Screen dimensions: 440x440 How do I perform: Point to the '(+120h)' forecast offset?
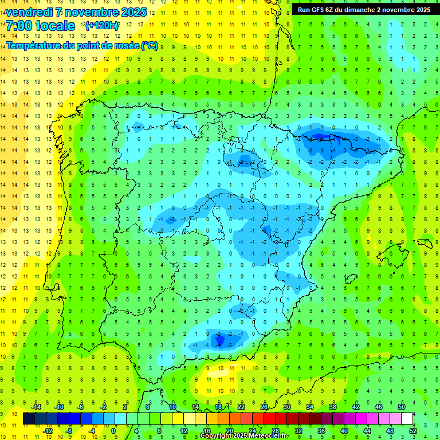(x=102, y=25)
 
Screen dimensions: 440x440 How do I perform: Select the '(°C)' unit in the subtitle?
(x=150, y=46)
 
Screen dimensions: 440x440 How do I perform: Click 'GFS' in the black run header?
(x=321, y=9)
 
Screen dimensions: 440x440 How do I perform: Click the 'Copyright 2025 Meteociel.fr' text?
(x=244, y=436)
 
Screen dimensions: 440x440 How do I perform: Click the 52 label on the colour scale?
(x=413, y=430)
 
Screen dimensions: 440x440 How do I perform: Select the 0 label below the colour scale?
(x=113, y=430)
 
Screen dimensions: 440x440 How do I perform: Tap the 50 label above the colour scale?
(x=401, y=406)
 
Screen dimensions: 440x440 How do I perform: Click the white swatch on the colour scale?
(x=407, y=418)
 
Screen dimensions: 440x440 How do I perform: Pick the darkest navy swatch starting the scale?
(x=29, y=418)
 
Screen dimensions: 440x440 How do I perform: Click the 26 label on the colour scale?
(x=264, y=406)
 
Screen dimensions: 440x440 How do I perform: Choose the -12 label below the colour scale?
(x=48, y=430)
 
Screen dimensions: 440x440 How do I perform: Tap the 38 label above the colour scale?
(x=333, y=406)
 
